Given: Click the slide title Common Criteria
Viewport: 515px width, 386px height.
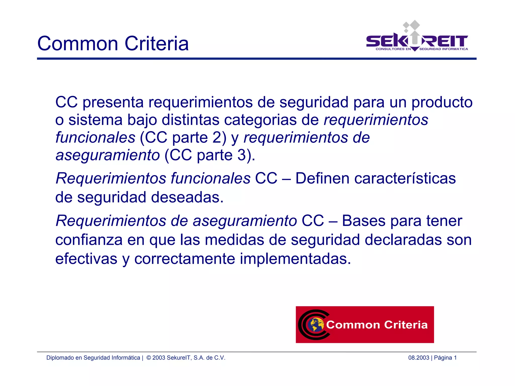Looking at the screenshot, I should [x=113, y=44].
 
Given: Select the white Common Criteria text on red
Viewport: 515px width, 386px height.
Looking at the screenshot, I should [x=377, y=325].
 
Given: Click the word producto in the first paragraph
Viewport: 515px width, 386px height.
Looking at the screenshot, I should [x=442, y=103].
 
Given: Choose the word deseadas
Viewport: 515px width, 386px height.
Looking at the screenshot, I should [x=187, y=197].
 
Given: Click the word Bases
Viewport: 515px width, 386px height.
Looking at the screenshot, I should [x=364, y=221].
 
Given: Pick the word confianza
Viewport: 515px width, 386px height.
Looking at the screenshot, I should [x=89, y=240].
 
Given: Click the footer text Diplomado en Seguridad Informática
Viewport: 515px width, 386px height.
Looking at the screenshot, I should [x=93, y=358].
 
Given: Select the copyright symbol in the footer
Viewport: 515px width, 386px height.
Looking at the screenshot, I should [x=149, y=358].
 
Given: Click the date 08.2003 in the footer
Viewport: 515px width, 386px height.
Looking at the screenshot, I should [x=418, y=358].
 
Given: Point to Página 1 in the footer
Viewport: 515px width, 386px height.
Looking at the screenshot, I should [x=445, y=358].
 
